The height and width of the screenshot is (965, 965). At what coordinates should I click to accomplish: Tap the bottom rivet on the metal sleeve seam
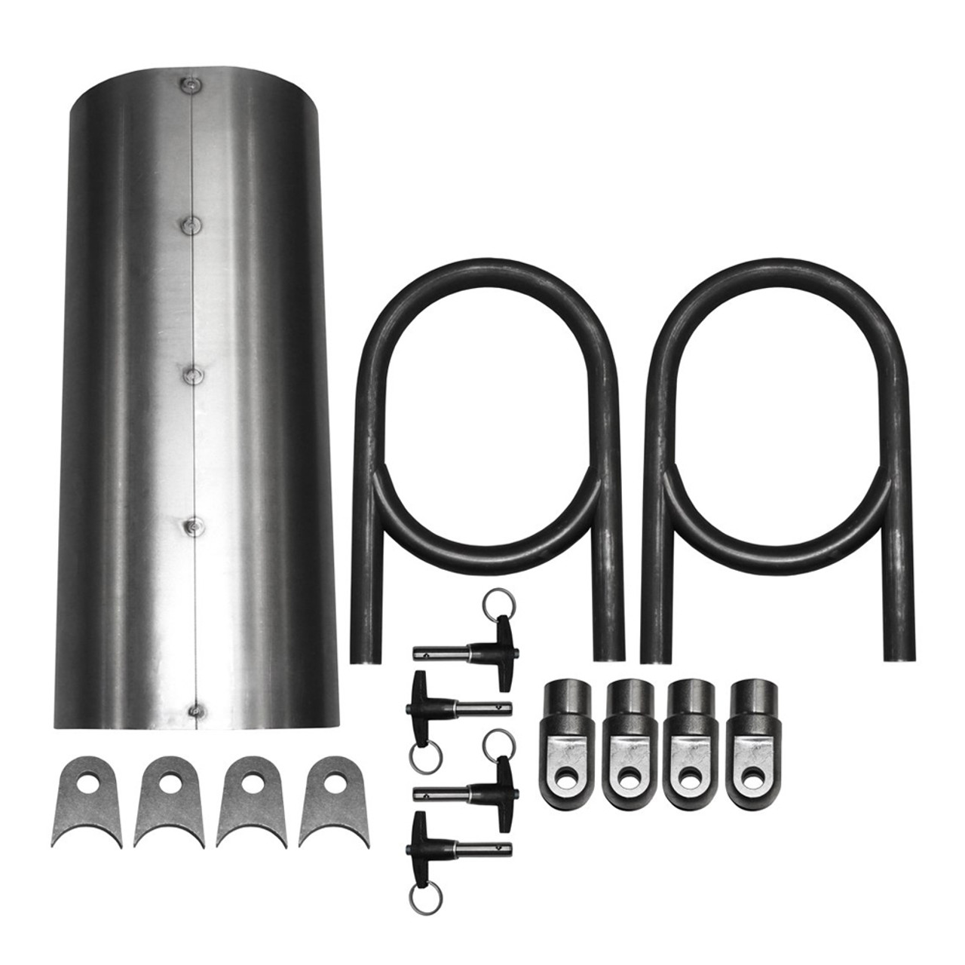click(x=198, y=709)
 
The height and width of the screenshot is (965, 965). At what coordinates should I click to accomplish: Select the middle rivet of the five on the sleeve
click(x=195, y=373)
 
